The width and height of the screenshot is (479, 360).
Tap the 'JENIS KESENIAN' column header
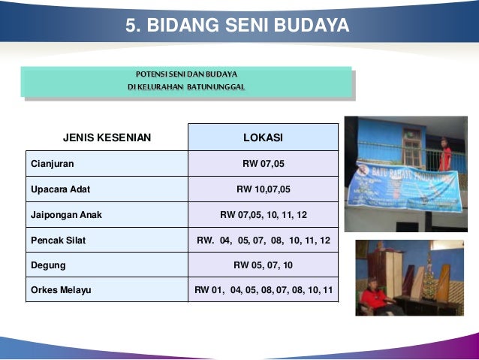tap(107, 138)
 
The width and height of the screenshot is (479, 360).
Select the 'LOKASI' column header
tap(263, 138)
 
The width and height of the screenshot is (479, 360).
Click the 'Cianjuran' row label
tap(53, 163)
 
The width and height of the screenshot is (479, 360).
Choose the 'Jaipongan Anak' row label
tap(66, 214)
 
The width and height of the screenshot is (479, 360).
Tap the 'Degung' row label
tap(48, 265)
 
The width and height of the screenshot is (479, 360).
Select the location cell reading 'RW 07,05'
tap(263, 163)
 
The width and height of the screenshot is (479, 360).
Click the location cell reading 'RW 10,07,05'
tap(263, 189)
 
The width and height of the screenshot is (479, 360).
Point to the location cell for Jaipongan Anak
tap(263, 214)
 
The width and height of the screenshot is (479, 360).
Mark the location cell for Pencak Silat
tap(263, 240)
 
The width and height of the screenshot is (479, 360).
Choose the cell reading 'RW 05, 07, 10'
tap(263, 265)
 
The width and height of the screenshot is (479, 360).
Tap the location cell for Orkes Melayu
tap(263, 290)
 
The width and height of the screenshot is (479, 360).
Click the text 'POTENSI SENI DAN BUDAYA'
tap(186, 74)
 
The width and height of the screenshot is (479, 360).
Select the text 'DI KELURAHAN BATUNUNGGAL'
tap(186, 87)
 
